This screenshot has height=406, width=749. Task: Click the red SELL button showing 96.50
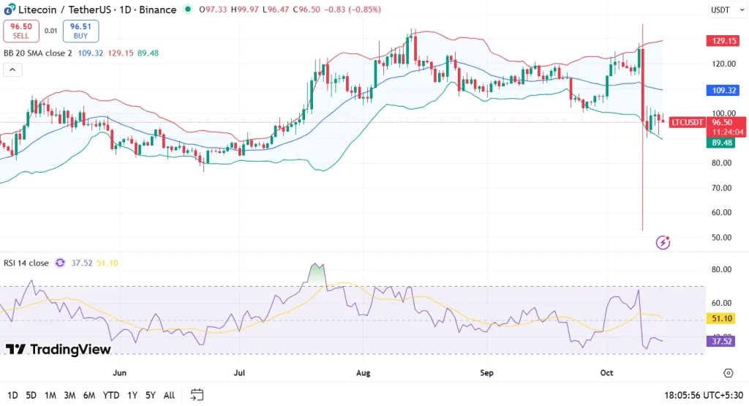pos(21,31)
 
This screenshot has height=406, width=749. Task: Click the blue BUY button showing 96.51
pos(80,31)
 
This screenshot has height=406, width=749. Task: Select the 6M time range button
pos(89,395)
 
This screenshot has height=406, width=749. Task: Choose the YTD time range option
pos(111,395)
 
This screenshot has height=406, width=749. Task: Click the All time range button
pos(168,395)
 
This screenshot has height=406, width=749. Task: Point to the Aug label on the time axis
pos(363,373)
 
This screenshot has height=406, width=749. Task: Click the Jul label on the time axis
pos(239,373)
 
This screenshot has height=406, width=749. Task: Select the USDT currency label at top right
pos(720,10)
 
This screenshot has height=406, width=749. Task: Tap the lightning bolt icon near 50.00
pos(663,242)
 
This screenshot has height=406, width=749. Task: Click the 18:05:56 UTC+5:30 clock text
pos(702,395)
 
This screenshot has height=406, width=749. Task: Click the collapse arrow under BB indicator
pos(12,70)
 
